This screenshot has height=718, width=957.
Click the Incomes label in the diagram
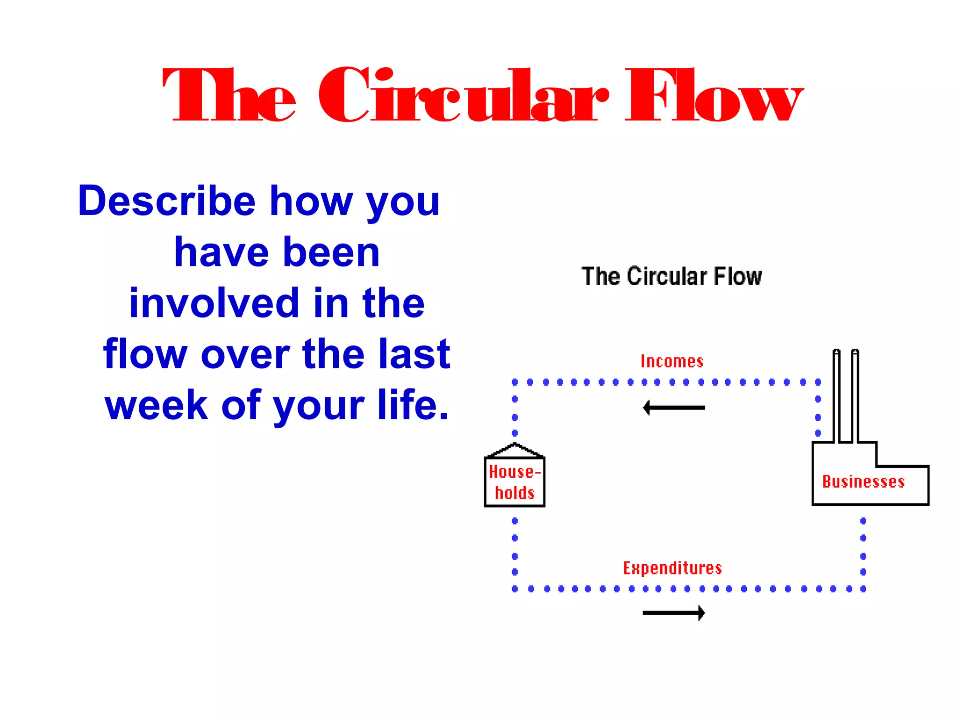click(671, 361)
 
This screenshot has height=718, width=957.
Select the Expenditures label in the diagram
click(672, 568)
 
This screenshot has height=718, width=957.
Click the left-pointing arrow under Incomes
click(674, 408)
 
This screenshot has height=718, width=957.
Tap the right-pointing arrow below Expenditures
click(674, 613)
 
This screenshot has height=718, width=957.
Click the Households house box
click(514, 482)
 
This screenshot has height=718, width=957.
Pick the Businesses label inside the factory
click(863, 482)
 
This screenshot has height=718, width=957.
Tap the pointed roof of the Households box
click(514, 450)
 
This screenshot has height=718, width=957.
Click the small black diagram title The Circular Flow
click(671, 276)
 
